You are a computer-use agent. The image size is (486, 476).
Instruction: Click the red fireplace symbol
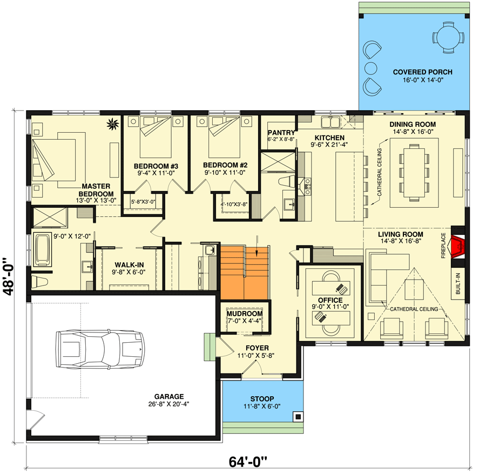click(x=458, y=247)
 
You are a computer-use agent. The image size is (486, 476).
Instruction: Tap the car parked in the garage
click(x=100, y=349)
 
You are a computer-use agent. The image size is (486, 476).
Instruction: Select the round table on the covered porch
click(x=448, y=37)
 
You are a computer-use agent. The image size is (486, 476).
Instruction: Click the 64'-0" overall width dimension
click(x=248, y=462)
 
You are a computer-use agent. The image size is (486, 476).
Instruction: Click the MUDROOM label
click(x=245, y=314)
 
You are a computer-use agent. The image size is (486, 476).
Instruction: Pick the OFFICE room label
click(x=330, y=300)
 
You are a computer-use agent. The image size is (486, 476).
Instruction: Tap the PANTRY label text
click(x=281, y=133)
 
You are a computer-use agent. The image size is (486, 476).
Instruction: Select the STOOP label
click(x=262, y=399)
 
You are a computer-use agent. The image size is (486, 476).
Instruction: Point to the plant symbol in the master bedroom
click(x=113, y=124)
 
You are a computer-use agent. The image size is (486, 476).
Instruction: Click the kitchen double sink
click(x=330, y=122)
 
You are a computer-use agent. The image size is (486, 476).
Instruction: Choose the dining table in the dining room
click(x=414, y=172)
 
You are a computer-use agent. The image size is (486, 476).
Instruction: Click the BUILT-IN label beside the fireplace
click(x=458, y=283)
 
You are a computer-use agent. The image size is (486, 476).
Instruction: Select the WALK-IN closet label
click(x=129, y=265)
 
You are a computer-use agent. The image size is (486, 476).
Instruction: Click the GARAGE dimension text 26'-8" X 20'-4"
click(x=168, y=404)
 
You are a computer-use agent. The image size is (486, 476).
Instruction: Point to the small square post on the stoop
click(x=298, y=417)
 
